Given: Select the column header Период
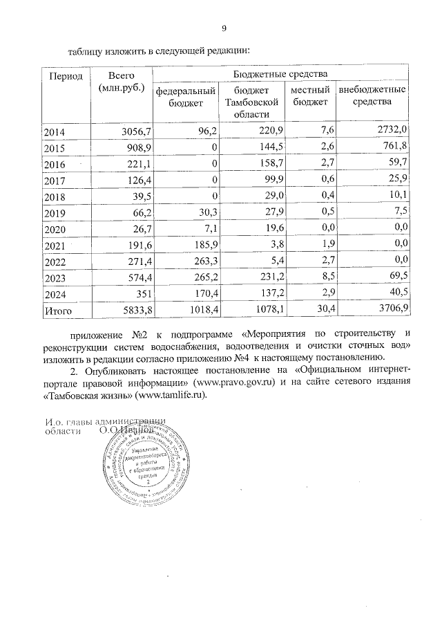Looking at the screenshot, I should (x=64, y=76).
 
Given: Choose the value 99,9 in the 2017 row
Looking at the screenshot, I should (x=270, y=181).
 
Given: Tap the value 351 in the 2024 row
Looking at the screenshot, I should (x=142, y=295).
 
